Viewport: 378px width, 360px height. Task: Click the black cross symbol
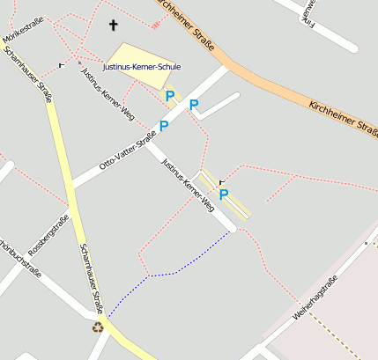coord(113,25)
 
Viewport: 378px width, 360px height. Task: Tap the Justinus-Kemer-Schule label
coord(141,67)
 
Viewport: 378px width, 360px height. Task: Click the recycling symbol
coord(98,327)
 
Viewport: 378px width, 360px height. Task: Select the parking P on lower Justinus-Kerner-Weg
coord(224,195)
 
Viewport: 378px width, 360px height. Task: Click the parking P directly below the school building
coord(170,95)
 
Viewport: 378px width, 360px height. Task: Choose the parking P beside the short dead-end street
coord(194,106)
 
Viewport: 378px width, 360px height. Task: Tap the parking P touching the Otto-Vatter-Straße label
coord(164,126)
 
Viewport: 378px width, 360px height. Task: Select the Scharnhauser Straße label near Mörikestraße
coord(27,75)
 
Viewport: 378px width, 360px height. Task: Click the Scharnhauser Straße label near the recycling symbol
coord(92,277)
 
